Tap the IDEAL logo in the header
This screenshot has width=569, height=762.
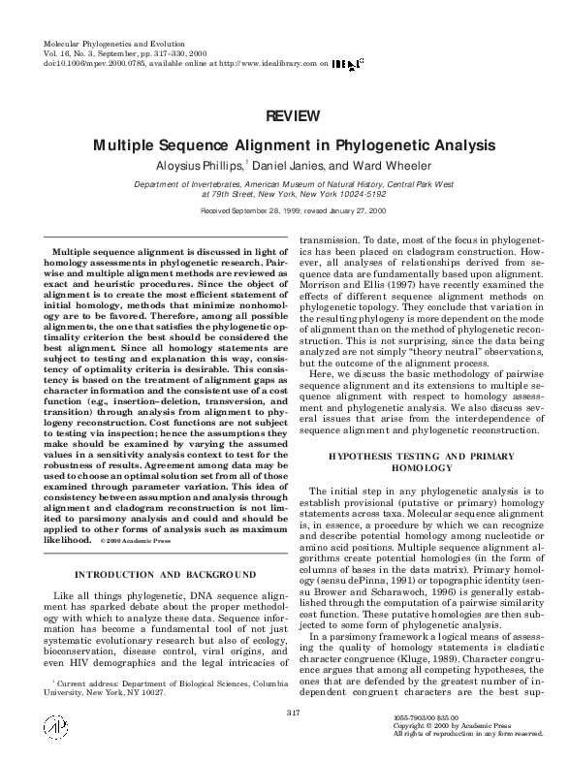(x=346, y=63)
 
